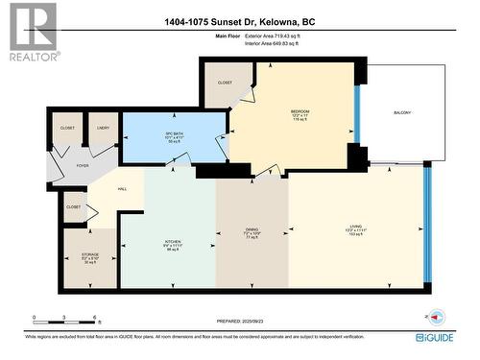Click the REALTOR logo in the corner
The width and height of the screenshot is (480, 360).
33,33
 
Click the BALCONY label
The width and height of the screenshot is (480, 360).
402,113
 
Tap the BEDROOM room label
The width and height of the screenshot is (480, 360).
300,111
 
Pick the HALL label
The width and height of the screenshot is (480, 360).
122,188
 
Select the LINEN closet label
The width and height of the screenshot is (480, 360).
102,127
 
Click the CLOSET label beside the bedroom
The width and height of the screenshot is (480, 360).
225,82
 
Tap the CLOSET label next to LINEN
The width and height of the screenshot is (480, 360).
66,127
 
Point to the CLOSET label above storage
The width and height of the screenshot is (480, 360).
74,205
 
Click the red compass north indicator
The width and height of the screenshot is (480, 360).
436,317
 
